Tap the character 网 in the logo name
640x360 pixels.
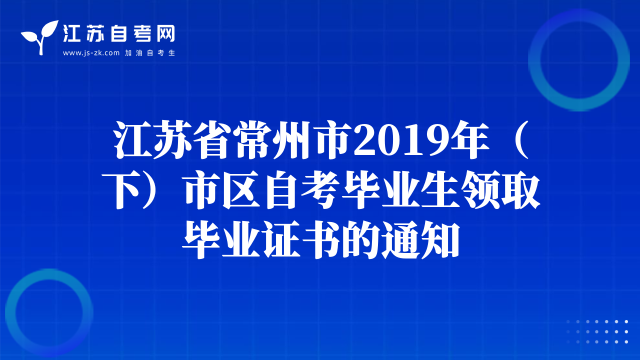point(165,33)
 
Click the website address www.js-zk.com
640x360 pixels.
point(91,53)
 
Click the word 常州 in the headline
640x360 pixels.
point(274,140)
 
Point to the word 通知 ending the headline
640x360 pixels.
point(419,239)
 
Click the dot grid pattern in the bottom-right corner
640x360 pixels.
point(597,331)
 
